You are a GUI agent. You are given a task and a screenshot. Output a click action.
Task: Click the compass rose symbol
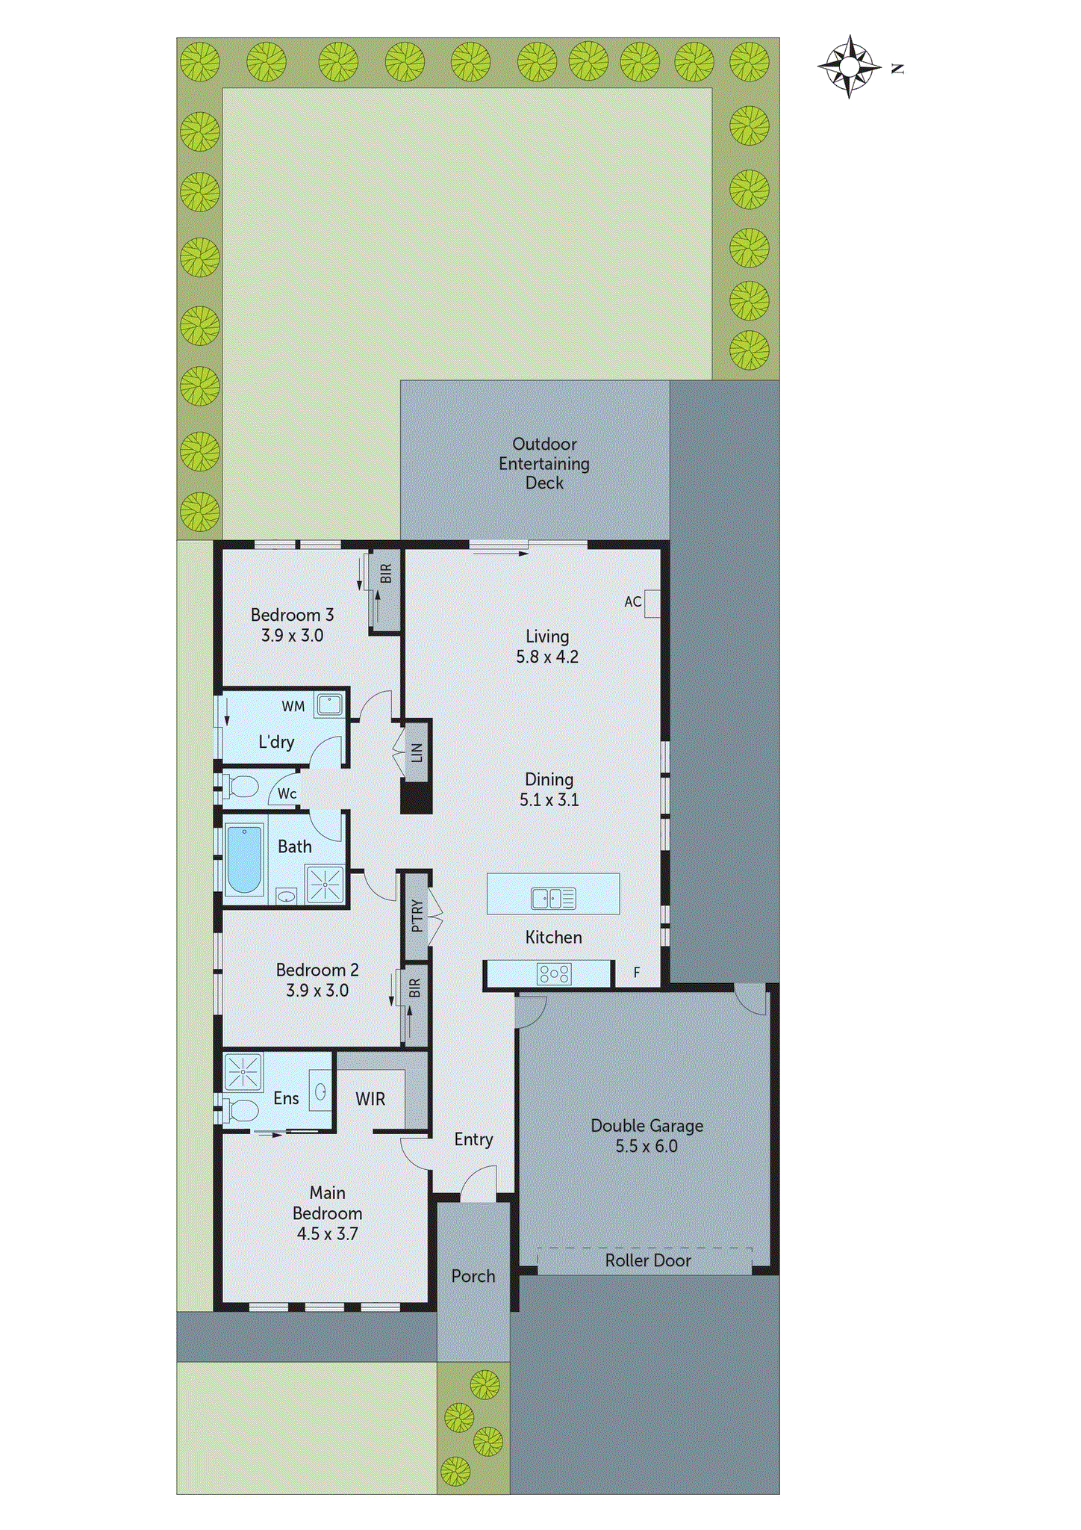(x=849, y=66)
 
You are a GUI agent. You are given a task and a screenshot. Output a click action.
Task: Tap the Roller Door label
(x=647, y=1260)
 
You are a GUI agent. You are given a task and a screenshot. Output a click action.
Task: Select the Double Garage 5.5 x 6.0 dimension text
(x=647, y=1146)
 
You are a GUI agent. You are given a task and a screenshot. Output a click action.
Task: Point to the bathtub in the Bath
(x=244, y=859)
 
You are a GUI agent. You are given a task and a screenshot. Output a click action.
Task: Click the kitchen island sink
(x=553, y=897)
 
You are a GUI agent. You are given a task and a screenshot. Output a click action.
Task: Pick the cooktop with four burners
(x=554, y=973)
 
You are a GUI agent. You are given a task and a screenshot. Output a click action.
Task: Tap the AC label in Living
(x=632, y=601)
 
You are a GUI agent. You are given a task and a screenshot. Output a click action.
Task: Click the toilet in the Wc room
(x=240, y=786)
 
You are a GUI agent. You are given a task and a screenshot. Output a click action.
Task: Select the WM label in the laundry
(x=293, y=706)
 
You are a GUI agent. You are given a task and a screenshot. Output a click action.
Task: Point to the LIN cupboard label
(x=417, y=752)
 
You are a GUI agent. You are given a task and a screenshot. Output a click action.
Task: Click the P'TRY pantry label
(x=417, y=916)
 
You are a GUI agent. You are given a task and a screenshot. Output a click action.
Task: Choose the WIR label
(x=370, y=1099)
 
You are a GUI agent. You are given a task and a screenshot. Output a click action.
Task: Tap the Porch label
(x=473, y=1276)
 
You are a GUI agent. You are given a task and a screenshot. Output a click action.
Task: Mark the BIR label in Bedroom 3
(x=386, y=574)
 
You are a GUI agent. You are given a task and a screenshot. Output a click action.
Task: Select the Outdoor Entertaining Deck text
(x=544, y=463)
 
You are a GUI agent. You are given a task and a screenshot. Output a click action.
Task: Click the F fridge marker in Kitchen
(x=637, y=972)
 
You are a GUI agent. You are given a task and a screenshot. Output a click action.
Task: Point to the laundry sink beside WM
(x=329, y=704)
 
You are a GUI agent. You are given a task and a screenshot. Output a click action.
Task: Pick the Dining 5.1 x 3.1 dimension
(x=549, y=799)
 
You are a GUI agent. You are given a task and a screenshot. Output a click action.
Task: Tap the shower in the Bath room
(x=325, y=885)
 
